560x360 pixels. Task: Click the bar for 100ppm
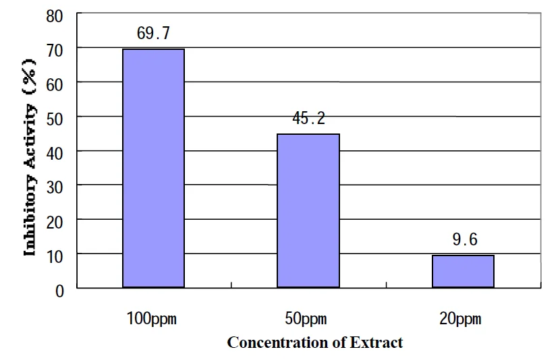pyautogui.click(x=153, y=169)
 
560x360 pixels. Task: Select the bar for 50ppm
pyautogui.click(x=308, y=211)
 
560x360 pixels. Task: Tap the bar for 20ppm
pyautogui.click(x=463, y=272)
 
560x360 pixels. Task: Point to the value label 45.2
pyautogui.click(x=308, y=119)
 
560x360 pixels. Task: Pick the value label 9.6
pyautogui.click(x=464, y=241)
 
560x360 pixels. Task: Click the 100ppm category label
pyautogui.click(x=152, y=318)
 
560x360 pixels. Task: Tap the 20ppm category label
pyautogui.click(x=463, y=318)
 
